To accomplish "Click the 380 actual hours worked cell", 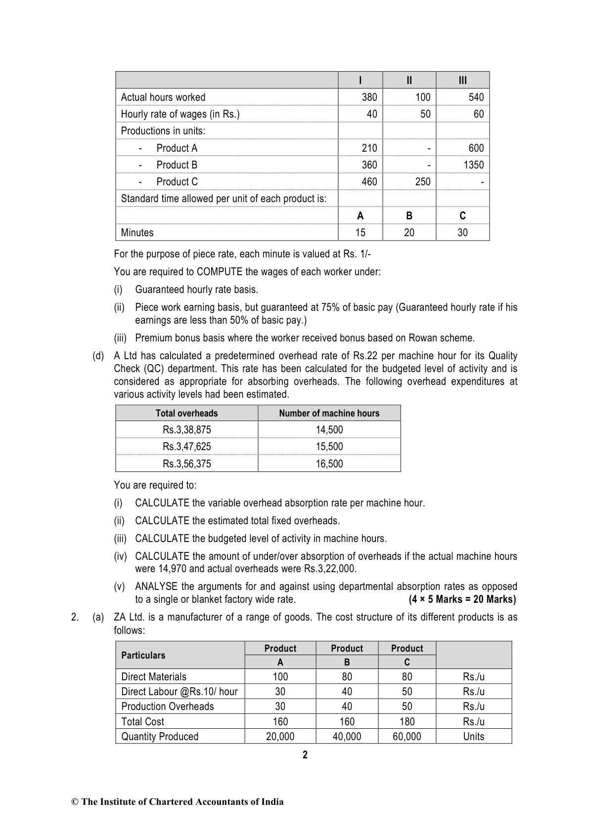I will [369, 97].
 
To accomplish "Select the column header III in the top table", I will [462, 81].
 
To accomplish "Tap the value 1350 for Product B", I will [473, 165].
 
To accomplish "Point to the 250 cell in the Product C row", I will [422, 182].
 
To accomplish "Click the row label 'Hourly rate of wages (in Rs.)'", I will [180, 114].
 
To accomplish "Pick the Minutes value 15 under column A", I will [360, 233].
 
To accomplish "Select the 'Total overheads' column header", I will [186, 414].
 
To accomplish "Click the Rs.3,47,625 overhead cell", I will [186, 447].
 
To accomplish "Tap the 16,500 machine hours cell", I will [329, 464].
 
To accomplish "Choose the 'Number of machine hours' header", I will [329, 414].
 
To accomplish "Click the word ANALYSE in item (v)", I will [156, 586].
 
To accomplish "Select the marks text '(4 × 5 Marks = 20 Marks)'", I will [462, 599].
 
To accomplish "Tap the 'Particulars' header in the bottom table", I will [143, 655].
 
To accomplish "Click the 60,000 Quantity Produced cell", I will [407, 737].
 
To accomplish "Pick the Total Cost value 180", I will [407, 722].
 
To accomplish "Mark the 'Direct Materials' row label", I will [154, 677].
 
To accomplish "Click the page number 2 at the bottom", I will [305, 755].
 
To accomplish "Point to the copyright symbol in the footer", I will [75, 802].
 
